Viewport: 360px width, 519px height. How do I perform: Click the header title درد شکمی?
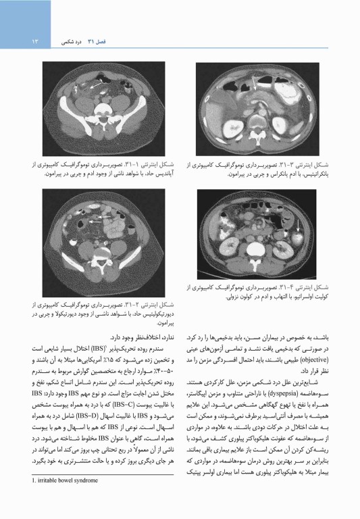(72, 43)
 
